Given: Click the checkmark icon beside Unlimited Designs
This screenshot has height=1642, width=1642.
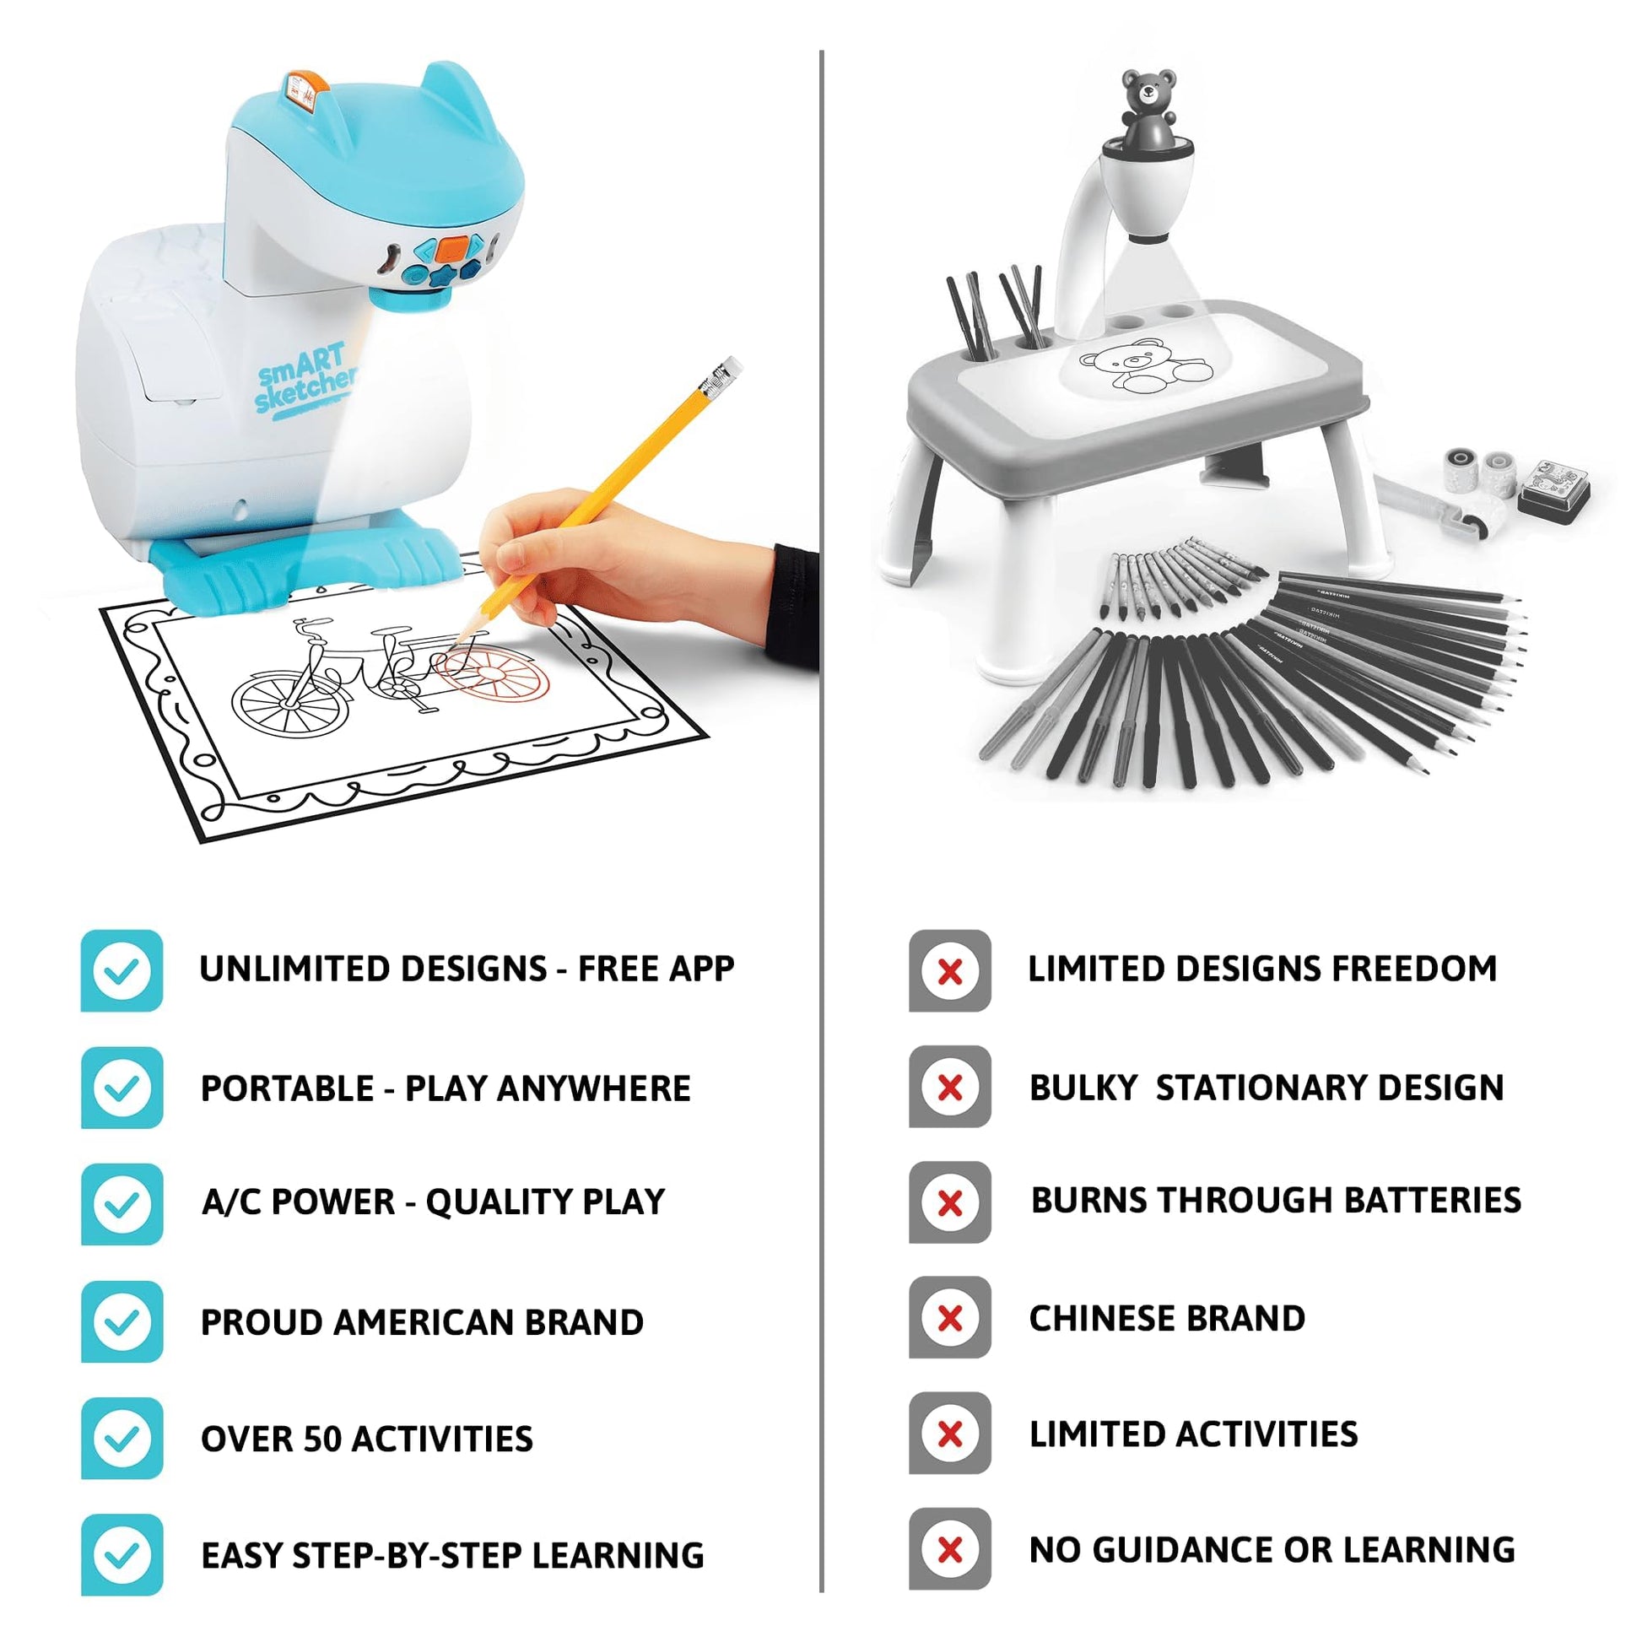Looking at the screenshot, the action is point(122,970).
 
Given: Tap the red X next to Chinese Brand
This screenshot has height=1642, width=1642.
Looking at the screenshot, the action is point(950,1318).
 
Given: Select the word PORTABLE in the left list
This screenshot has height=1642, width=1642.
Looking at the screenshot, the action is point(287,1088).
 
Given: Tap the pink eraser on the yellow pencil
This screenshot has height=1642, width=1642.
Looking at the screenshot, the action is point(727,369).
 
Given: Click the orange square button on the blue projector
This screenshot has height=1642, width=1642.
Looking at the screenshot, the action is point(455,248).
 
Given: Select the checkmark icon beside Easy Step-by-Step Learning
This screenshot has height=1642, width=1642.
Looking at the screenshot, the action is point(122,1554).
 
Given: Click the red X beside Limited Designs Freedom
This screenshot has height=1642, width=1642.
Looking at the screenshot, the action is point(950,970).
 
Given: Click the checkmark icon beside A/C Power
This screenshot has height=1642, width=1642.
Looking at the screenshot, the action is point(122,1204).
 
